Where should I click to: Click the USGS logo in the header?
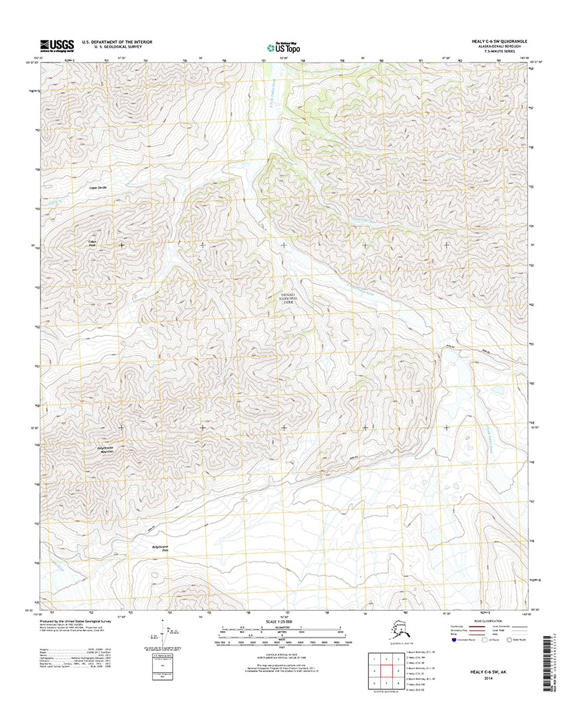[x=57, y=45]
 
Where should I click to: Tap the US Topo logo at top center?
[x=283, y=47]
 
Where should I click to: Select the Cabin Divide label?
[x=98, y=188]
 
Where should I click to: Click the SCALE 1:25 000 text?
[x=284, y=622]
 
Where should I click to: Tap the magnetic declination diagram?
[x=164, y=635]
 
